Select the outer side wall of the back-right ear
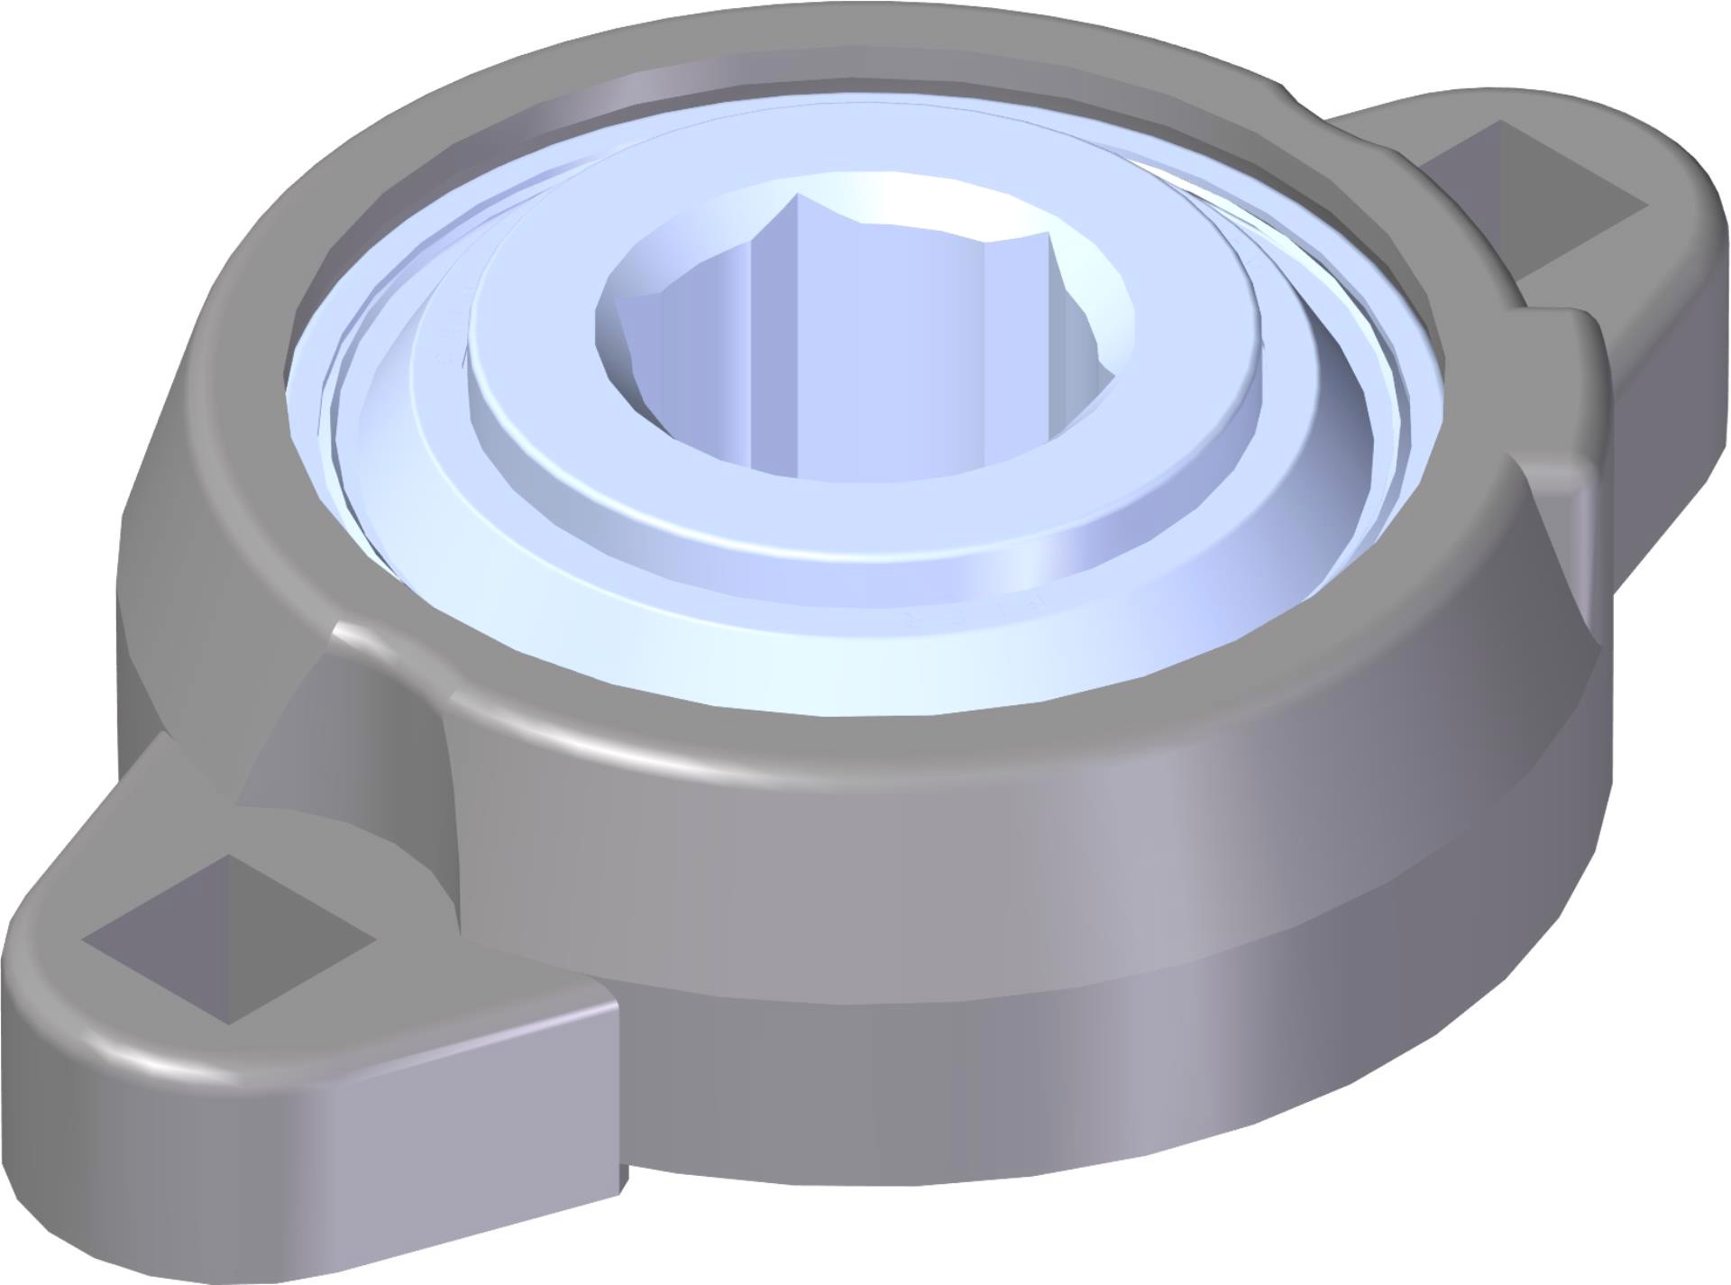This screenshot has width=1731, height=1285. pyautogui.click(x=1668, y=361)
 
